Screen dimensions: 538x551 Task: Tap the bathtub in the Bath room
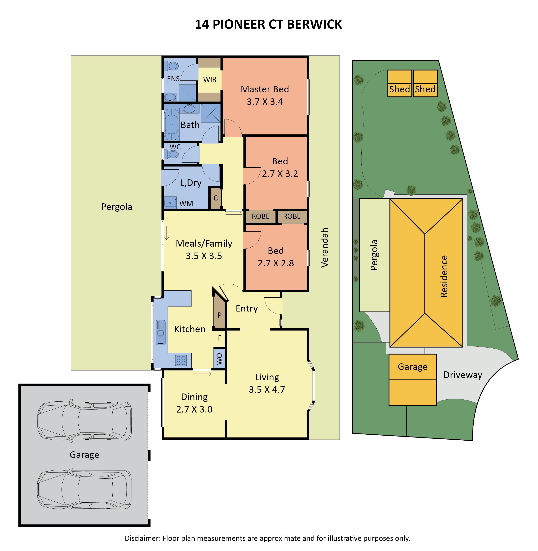pyautogui.click(x=172, y=124)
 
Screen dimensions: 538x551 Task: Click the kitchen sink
pyautogui.click(x=160, y=332)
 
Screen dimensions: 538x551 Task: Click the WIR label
pyautogui.click(x=210, y=80)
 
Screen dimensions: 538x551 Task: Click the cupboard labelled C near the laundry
pyautogui.click(x=216, y=198)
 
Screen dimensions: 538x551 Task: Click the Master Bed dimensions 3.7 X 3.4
pyautogui.click(x=265, y=102)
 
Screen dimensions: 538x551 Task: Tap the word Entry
pyautogui.click(x=247, y=308)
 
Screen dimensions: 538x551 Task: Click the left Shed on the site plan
pyautogui.click(x=399, y=84)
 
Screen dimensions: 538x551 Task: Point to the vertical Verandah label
pyautogui.click(x=325, y=248)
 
